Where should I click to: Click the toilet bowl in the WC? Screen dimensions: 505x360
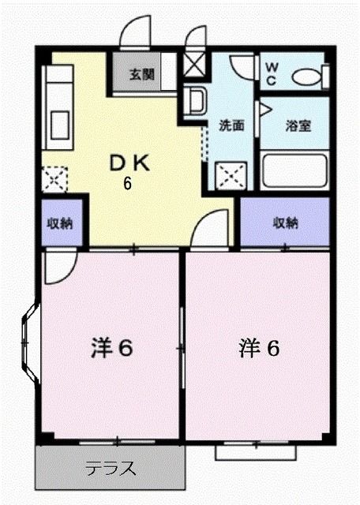pos(306,77)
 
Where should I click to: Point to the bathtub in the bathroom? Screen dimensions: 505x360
pos(293,169)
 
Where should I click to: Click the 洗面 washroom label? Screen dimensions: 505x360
pos(231,125)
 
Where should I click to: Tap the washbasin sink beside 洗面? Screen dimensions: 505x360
pos(194,100)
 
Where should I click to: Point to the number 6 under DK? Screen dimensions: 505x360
pos(126,185)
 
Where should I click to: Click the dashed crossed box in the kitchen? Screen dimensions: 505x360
pos(54,180)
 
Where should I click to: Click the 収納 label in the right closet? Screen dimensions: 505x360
pos(285,222)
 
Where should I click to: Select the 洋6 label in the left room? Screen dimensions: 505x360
pos(110,348)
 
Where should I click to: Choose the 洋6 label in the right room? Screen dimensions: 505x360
pos(259,348)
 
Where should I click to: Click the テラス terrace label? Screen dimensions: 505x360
pos(109,468)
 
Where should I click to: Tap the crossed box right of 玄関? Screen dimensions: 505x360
pos(193,65)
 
